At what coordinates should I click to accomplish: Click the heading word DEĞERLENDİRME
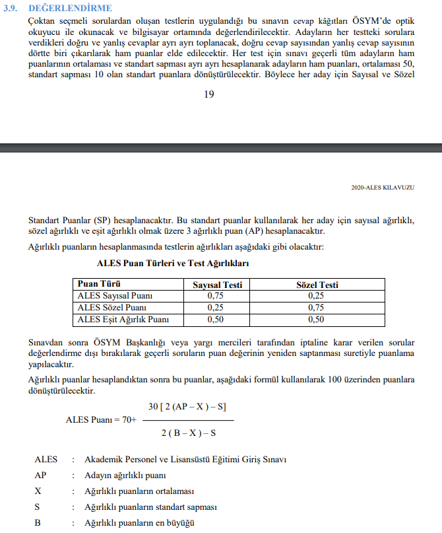pyautogui.click(x=70, y=8)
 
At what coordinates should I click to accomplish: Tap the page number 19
pyautogui.click(x=208, y=94)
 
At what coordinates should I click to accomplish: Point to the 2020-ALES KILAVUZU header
pyautogui.click(x=383, y=188)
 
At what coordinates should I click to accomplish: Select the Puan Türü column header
pyautogui.click(x=99, y=285)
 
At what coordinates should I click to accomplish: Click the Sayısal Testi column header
pyautogui.click(x=217, y=285)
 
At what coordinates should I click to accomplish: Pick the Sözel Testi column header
pyautogui.click(x=317, y=285)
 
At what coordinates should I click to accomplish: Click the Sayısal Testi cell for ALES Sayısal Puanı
pyautogui.click(x=216, y=296)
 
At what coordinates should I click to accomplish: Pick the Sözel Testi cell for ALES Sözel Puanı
pyautogui.click(x=317, y=308)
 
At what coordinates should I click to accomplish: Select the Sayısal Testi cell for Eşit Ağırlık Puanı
pyautogui.click(x=216, y=320)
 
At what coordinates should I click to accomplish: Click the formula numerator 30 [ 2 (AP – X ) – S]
pyautogui.click(x=188, y=407)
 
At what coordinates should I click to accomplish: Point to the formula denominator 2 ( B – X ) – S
pyautogui.click(x=188, y=433)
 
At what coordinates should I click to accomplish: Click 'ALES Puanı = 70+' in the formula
pyautogui.click(x=101, y=420)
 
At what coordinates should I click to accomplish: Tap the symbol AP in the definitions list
pyautogui.click(x=41, y=475)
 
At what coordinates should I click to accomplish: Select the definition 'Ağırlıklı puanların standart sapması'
pyautogui.click(x=151, y=507)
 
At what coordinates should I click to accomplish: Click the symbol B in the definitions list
pyautogui.click(x=38, y=523)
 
